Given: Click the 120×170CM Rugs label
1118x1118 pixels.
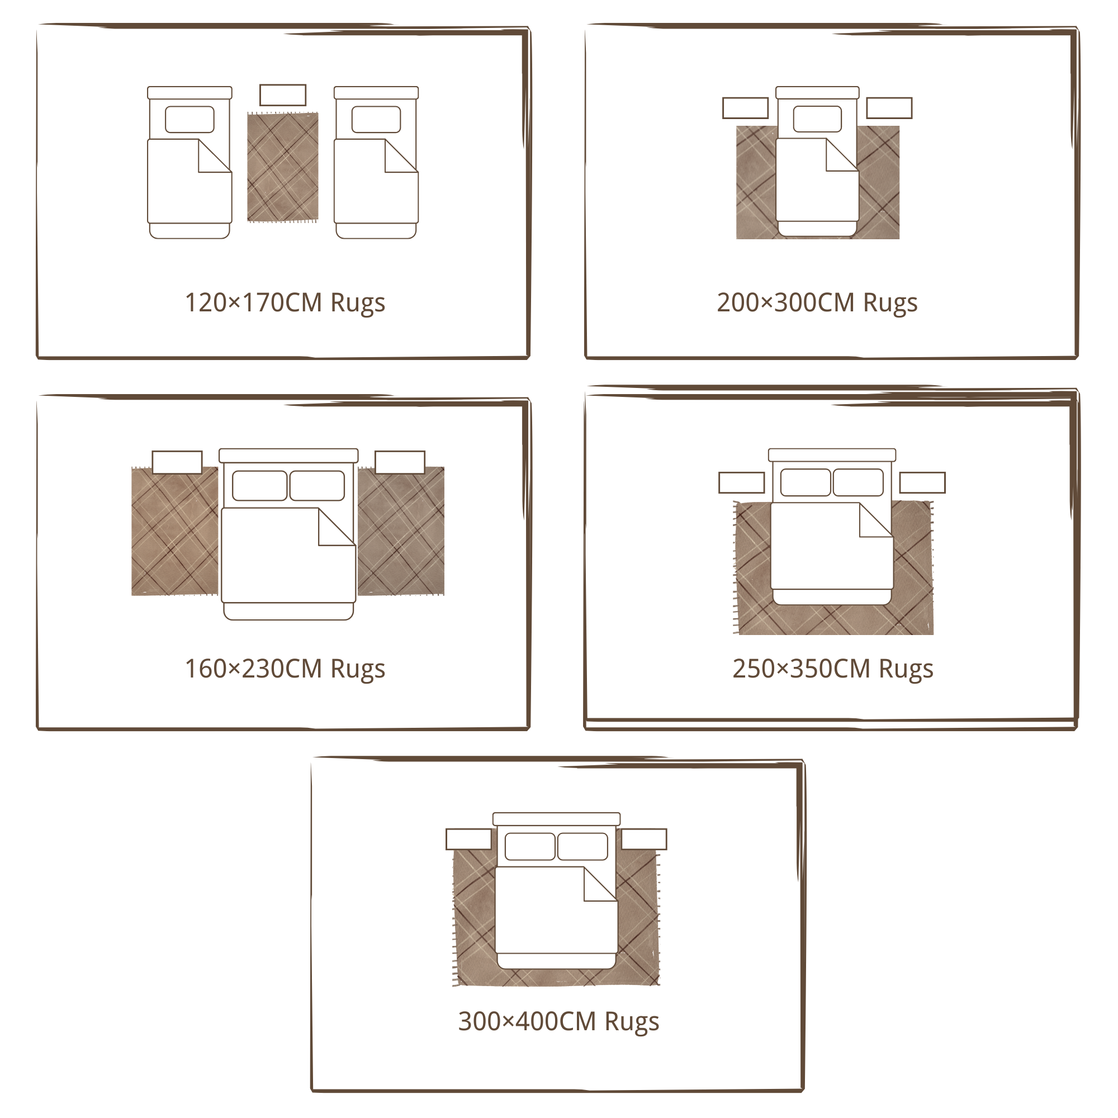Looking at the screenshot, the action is point(285,303).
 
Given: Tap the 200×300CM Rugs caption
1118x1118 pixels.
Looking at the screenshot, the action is point(817,303).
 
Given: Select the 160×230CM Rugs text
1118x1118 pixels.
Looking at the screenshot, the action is point(285,670).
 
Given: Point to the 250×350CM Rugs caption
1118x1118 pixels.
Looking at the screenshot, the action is point(833,670).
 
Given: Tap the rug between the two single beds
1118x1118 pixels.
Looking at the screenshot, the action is point(282,167).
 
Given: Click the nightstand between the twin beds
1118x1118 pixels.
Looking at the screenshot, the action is point(282,95).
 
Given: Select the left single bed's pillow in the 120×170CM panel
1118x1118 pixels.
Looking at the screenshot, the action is point(190,119).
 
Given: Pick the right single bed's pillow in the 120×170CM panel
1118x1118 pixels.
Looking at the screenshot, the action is point(376,119).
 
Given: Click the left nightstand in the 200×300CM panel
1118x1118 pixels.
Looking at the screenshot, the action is point(745,108).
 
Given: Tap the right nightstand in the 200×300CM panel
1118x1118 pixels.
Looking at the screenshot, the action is point(889,108).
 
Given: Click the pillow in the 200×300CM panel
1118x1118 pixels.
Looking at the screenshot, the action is point(817,119).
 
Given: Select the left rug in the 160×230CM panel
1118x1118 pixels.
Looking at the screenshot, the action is point(175,531).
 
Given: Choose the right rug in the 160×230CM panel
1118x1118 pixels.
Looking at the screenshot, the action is point(401,531).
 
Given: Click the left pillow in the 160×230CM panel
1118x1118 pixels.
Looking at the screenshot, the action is point(259,486).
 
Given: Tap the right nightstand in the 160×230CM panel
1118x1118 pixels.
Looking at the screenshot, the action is point(400,462).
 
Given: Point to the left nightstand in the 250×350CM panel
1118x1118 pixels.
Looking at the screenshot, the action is point(741,482).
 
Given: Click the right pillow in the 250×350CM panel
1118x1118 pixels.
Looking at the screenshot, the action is point(858,482).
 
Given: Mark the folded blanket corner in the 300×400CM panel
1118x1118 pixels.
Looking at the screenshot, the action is point(600,884).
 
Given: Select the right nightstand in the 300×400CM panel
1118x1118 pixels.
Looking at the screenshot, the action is point(644,839).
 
